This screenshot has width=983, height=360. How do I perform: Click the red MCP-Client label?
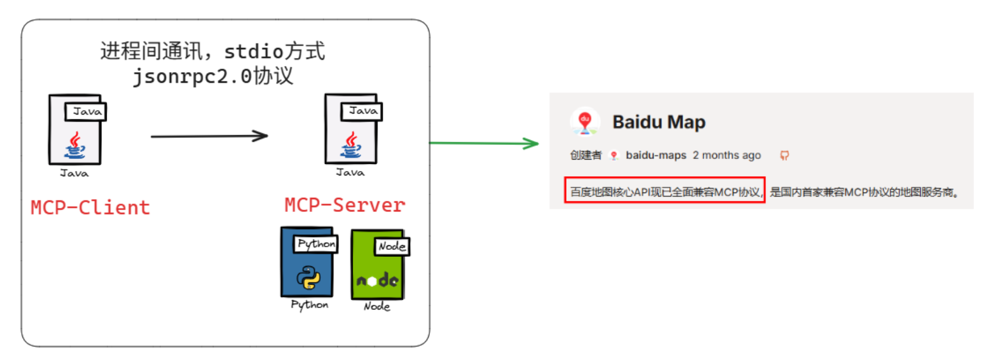point(90,208)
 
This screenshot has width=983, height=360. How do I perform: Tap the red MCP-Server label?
point(345,205)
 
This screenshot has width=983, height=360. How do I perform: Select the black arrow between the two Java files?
point(209,136)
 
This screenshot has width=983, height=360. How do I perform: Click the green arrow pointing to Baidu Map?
point(484,143)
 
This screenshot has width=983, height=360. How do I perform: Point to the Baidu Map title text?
point(659,122)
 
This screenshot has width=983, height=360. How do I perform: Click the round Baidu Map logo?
point(584,121)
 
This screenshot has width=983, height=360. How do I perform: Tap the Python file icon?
point(307,263)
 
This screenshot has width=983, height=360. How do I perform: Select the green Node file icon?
point(377,265)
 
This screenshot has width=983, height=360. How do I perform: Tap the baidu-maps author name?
point(656,155)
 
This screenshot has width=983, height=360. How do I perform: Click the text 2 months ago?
point(727,155)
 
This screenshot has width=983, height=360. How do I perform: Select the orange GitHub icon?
point(784,155)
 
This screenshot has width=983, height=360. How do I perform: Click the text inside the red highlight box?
point(665,192)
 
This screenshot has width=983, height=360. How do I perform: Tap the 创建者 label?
point(586,155)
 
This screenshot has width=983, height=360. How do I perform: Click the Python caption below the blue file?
point(310,305)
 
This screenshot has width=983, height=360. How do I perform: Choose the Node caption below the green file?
point(377,306)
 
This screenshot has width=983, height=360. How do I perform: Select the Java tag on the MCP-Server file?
point(363,111)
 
